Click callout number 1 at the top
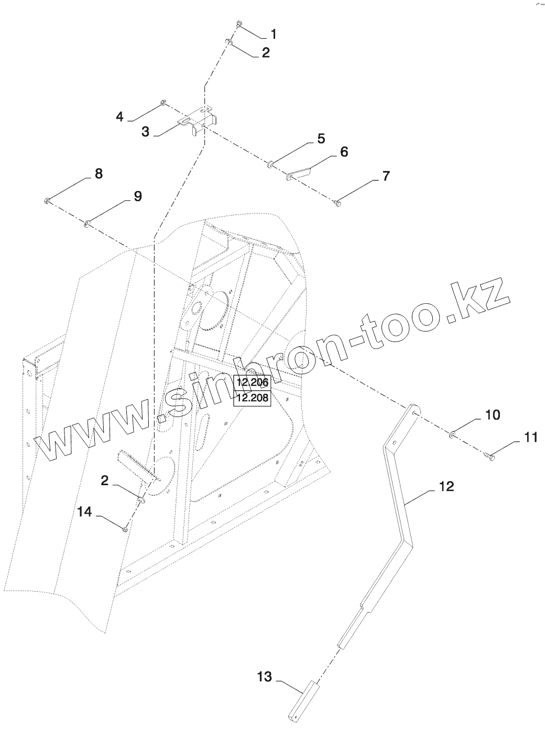[272, 35]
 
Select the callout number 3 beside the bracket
[145, 131]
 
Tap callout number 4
[120, 116]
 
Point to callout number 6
[344, 152]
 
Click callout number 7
[385, 176]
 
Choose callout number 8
[99, 174]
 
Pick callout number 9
[137, 197]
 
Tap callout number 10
[493, 414]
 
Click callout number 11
[531, 437]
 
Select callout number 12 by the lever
[446, 486]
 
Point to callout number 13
[265, 677]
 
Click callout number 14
[85, 511]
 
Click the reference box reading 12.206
[252, 382]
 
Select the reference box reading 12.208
[252, 399]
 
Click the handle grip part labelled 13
[302, 700]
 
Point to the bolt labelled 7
[337, 202]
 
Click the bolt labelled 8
[47, 200]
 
